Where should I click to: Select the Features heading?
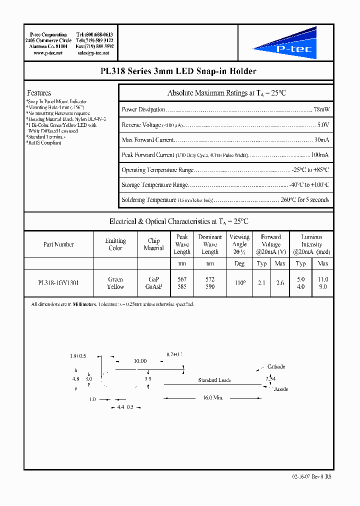(39, 93)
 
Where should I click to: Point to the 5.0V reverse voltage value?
(323, 125)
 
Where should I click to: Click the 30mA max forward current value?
(321, 140)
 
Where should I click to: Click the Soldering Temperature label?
(148, 200)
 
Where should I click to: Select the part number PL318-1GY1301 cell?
(58, 283)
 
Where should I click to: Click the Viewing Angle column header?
(239, 244)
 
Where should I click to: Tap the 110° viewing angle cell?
(239, 283)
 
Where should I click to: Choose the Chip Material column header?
(153, 244)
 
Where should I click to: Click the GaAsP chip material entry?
(153, 287)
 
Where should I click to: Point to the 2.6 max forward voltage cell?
(280, 283)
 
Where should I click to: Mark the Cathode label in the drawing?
(276, 367)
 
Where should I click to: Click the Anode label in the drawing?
(281, 389)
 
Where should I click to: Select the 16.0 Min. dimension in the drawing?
(213, 398)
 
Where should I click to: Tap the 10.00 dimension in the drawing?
(140, 361)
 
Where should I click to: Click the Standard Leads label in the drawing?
(214, 380)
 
